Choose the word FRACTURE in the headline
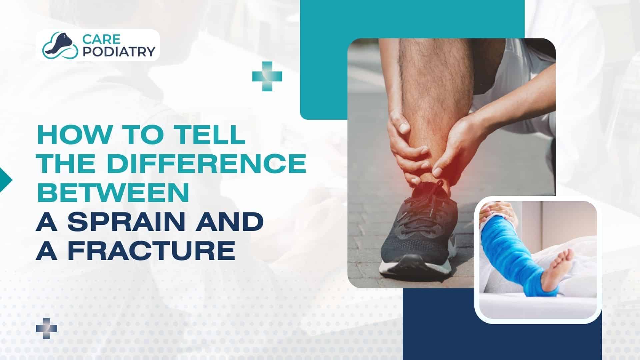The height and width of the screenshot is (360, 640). [x=151, y=251]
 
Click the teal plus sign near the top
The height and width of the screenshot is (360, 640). [x=267, y=76]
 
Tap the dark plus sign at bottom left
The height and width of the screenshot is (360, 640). [x=46, y=328]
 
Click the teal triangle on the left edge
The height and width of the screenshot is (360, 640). [x=6, y=180]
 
